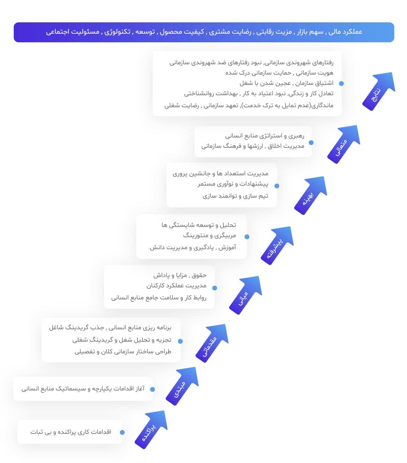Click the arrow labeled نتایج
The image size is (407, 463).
pyautogui.click(x=379, y=91)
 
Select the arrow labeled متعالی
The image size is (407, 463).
pyautogui.click(x=344, y=144)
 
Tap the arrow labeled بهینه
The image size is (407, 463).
pyautogui.click(x=311, y=195)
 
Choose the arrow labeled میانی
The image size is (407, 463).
pyautogui.click(x=246, y=295)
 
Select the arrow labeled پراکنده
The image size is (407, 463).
pyautogui.click(x=151, y=429)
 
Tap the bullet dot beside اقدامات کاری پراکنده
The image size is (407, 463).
pyautogui.click(x=122, y=432)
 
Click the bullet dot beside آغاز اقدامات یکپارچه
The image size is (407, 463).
pyautogui.click(x=152, y=389)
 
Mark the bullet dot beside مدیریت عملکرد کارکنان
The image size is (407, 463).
pyautogui.click(x=214, y=288)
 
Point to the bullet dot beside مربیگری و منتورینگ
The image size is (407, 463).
pyautogui.click(x=247, y=237)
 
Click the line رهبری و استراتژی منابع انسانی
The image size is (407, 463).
pyautogui.click(x=265, y=136)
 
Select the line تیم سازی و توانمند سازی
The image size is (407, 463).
pyautogui.click(x=236, y=196)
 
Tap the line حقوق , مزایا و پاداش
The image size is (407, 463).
pyautogui.click(x=180, y=275)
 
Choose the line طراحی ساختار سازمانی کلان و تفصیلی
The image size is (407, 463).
pyautogui.click(x=123, y=352)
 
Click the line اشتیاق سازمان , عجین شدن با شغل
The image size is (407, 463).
pyautogui.click(x=286, y=83)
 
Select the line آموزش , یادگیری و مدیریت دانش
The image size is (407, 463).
pyautogui.click(x=193, y=247)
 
